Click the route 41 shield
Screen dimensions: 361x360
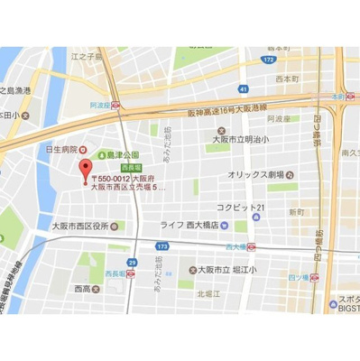(x=243, y=88)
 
